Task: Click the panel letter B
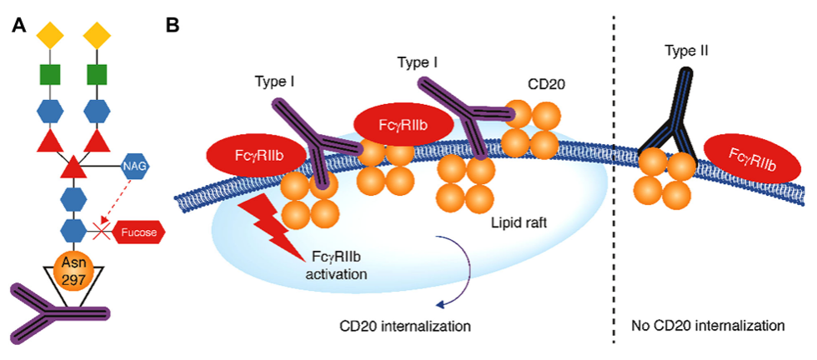click(x=172, y=25)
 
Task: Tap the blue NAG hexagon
click(x=136, y=167)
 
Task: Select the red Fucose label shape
click(x=141, y=232)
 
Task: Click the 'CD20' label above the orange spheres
click(x=546, y=84)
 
